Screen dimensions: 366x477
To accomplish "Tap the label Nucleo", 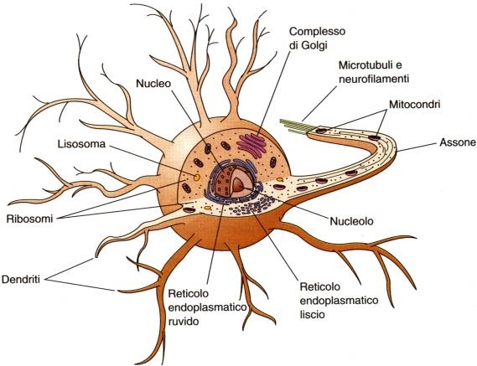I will click(x=154, y=85).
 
